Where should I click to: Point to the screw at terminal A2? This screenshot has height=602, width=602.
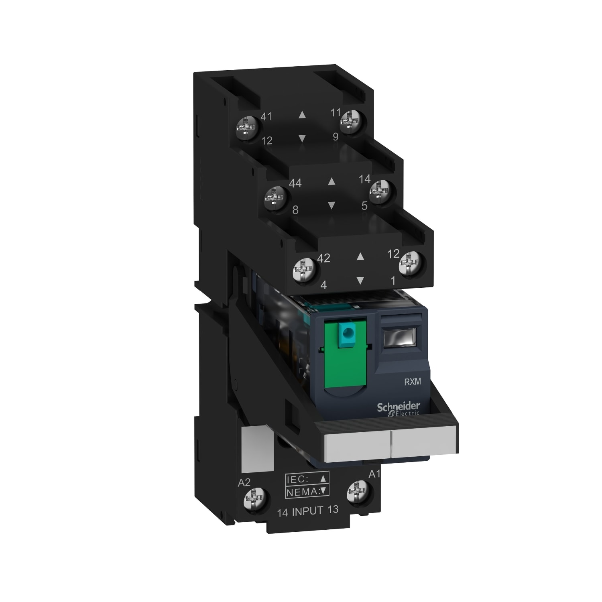pos(256,500)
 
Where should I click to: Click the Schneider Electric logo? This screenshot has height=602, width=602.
pos(398,409)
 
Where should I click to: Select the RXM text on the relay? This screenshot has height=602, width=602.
pos(412,382)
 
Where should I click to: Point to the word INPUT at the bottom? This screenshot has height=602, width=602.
pos(308,511)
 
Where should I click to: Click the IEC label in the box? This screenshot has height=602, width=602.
pos(297,479)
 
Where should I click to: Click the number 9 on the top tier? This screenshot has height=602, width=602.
pos(336,137)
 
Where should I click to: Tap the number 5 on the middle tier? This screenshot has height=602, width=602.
pos(364,206)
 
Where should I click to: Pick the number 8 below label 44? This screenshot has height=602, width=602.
pos(295,210)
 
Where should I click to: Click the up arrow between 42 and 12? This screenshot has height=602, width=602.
pos(360,256)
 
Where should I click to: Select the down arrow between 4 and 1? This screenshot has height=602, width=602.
pos(360,281)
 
